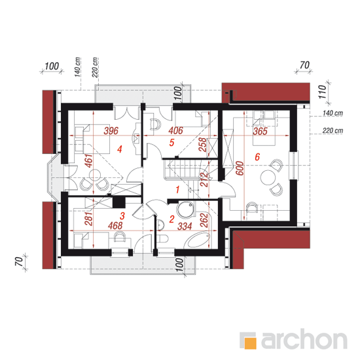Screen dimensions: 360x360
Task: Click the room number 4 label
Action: [x=119, y=149]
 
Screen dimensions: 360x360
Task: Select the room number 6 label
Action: [x=257, y=157]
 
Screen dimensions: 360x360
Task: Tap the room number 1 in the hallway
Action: [x=177, y=190]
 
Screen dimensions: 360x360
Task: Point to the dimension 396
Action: [x=111, y=131]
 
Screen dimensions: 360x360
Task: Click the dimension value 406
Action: [x=176, y=130]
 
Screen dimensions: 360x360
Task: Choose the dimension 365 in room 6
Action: [x=261, y=132]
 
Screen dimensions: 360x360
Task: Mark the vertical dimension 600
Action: [x=240, y=168]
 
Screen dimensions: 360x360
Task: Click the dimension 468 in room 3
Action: [x=115, y=226]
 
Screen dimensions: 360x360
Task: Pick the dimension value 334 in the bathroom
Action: [x=185, y=226]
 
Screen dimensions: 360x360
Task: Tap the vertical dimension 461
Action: [x=89, y=161]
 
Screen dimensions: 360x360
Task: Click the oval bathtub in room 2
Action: [x=198, y=240]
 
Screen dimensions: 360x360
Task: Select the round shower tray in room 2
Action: [x=185, y=209]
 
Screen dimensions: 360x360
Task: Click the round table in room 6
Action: [x=268, y=177]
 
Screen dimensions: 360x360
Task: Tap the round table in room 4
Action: [x=95, y=175]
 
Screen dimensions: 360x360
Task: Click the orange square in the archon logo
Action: [x=251, y=343]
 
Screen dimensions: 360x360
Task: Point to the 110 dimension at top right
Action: [x=323, y=92]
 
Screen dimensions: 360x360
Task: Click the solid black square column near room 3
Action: [x=119, y=202]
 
